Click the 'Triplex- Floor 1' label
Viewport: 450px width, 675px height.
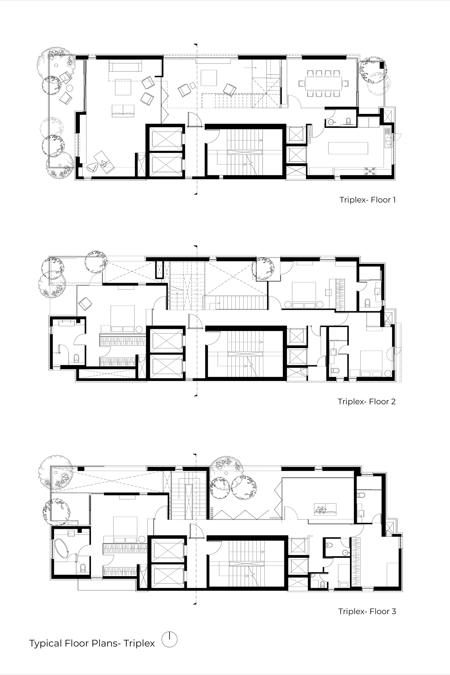tap(368, 200)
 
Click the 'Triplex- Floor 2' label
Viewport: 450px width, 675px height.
tap(367, 401)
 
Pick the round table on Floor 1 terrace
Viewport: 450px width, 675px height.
tap(70, 88)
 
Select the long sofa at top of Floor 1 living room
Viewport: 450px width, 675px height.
tap(125, 67)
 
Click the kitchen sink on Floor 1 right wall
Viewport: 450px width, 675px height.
tap(388, 138)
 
